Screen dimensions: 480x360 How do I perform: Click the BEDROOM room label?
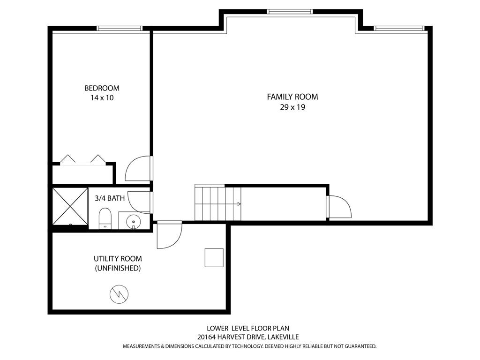(x=102, y=88)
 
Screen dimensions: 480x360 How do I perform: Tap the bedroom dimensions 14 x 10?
(x=102, y=98)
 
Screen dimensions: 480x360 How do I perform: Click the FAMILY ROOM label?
(x=292, y=97)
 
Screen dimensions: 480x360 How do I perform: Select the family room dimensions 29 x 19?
(x=292, y=107)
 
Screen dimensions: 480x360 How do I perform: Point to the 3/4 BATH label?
(x=110, y=198)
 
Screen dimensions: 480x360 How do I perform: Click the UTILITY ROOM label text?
(x=118, y=259)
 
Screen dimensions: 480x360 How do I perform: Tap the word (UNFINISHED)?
(x=118, y=268)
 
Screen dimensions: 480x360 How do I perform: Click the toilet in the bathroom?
(x=105, y=218)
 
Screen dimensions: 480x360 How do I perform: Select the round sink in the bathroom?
(x=134, y=221)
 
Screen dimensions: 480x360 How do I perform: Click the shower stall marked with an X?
(x=70, y=206)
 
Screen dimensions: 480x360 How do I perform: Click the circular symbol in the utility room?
(x=119, y=294)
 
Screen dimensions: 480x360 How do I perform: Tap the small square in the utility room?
(x=214, y=258)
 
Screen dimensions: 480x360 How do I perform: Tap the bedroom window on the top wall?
(x=120, y=29)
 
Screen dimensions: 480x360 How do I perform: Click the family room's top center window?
(x=290, y=12)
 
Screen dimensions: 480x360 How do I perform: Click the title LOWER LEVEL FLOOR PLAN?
(x=248, y=329)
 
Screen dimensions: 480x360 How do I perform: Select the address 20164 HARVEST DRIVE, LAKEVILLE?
(x=248, y=337)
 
